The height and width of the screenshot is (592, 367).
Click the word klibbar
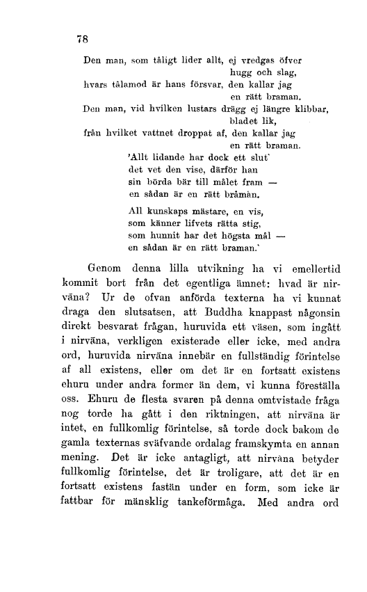coord(306,109)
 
